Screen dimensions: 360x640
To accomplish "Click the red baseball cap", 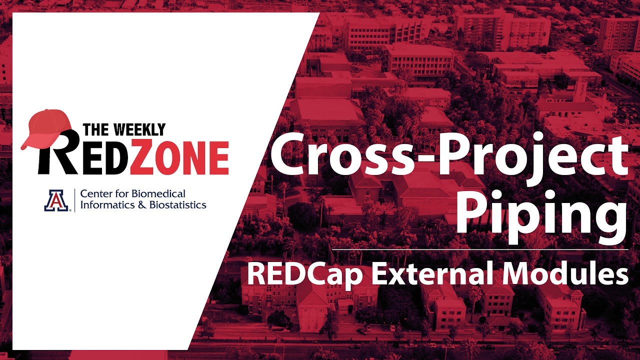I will [x=47, y=127].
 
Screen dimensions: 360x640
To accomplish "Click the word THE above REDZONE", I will [x=96, y=130].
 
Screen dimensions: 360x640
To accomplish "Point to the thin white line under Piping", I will [x=480, y=248].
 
